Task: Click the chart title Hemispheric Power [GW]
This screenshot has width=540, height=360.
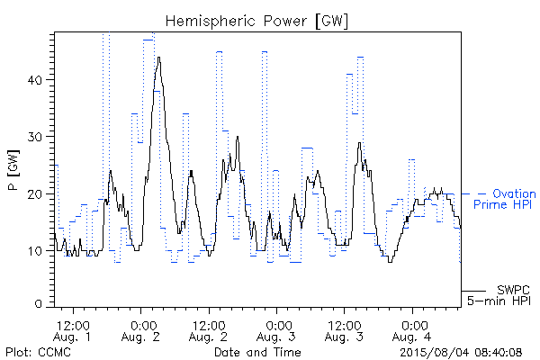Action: pyautogui.click(x=256, y=22)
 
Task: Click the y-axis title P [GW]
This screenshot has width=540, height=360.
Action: pyautogui.click(x=14, y=170)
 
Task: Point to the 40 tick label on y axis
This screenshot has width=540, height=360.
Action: pyautogui.click(x=34, y=80)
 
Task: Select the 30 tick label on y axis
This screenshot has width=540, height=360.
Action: pyautogui.click(x=34, y=137)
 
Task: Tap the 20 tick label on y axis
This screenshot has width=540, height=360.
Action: pyautogui.click(x=34, y=194)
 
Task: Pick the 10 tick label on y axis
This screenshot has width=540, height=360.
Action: pyautogui.click(x=35, y=251)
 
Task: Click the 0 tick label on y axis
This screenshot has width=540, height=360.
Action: pyautogui.click(x=38, y=304)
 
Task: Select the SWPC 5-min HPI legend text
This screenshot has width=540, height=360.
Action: pyautogui.click(x=499, y=295)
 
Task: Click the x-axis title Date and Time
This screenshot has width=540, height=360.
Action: pyautogui.click(x=257, y=352)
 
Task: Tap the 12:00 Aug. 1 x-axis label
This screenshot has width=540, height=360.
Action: pyautogui.click(x=73, y=331)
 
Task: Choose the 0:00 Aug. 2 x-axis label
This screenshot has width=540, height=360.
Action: pyautogui.click(x=140, y=331)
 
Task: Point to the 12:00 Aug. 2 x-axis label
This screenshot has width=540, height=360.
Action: pyautogui.click(x=209, y=331)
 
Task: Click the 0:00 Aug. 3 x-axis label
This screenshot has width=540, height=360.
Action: pyautogui.click(x=276, y=331)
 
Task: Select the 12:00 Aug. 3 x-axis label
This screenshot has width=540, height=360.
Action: pyautogui.click(x=344, y=331)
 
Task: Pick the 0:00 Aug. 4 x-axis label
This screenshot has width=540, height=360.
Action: pyautogui.click(x=412, y=331)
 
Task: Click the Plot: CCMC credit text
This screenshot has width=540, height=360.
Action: pyautogui.click(x=38, y=352)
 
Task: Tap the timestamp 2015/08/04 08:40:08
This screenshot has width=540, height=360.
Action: pyautogui.click(x=461, y=352)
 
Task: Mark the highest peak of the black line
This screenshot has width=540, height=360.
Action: pyautogui.click(x=158, y=58)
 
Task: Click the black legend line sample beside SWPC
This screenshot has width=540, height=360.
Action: pyautogui.click(x=473, y=291)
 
